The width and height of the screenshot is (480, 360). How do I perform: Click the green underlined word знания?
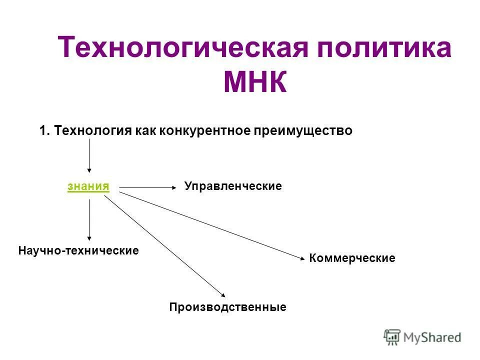click(x=88, y=186)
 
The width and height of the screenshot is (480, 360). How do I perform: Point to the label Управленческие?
click(x=233, y=186)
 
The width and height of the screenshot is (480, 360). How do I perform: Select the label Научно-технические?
click(x=78, y=250)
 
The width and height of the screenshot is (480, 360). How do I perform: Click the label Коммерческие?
click(x=352, y=258)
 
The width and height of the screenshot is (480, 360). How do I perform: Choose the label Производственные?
click(x=227, y=307)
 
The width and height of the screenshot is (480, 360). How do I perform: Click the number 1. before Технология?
click(x=44, y=131)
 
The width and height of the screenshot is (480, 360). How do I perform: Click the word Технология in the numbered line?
click(x=93, y=131)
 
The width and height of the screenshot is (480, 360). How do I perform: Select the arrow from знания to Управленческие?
click(x=148, y=188)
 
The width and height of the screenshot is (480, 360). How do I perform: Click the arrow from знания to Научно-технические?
click(x=89, y=220)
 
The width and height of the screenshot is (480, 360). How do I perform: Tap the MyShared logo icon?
click(x=392, y=337)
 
